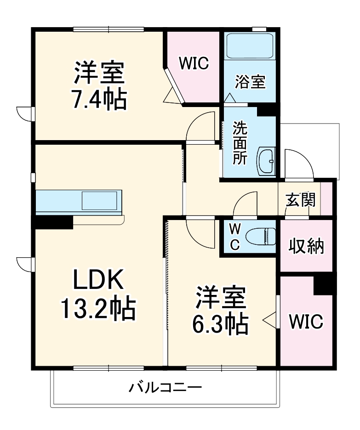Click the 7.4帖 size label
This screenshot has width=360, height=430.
click(x=98, y=99)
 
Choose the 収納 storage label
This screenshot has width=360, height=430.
click(x=306, y=247)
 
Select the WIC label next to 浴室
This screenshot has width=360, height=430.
click(x=194, y=63)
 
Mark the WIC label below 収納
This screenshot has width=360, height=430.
click(x=306, y=321)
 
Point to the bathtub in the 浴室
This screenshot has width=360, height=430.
click(x=250, y=45)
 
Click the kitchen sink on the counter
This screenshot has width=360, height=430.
click(x=99, y=201)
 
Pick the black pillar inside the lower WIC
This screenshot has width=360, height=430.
click(x=325, y=284)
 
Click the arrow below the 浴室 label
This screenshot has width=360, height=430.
click(x=229, y=98)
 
